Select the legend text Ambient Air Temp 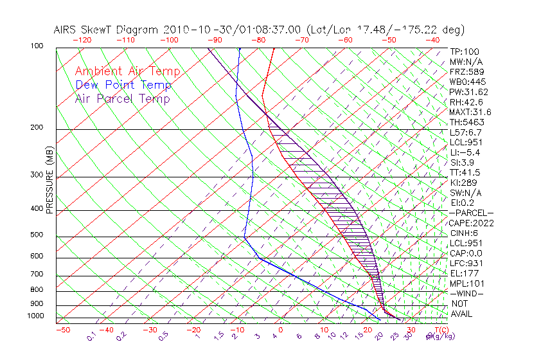point(127,71)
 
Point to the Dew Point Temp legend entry point(123,85)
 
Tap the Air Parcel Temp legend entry point(122,98)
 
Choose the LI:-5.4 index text point(465,152)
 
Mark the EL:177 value point(463,273)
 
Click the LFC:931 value point(466,263)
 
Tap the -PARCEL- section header point(472,213)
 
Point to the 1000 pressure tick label point(36,316)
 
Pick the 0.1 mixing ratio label point(92,336)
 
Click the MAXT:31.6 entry point(469,112)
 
